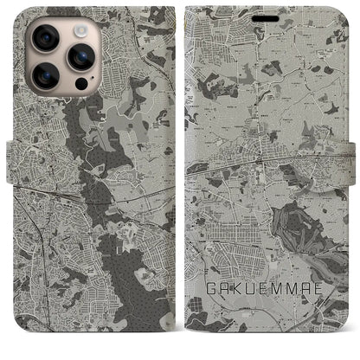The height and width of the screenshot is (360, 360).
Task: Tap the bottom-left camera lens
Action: [x=44, y=77]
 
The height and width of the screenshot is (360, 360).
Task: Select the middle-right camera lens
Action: [x=81, y=57]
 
